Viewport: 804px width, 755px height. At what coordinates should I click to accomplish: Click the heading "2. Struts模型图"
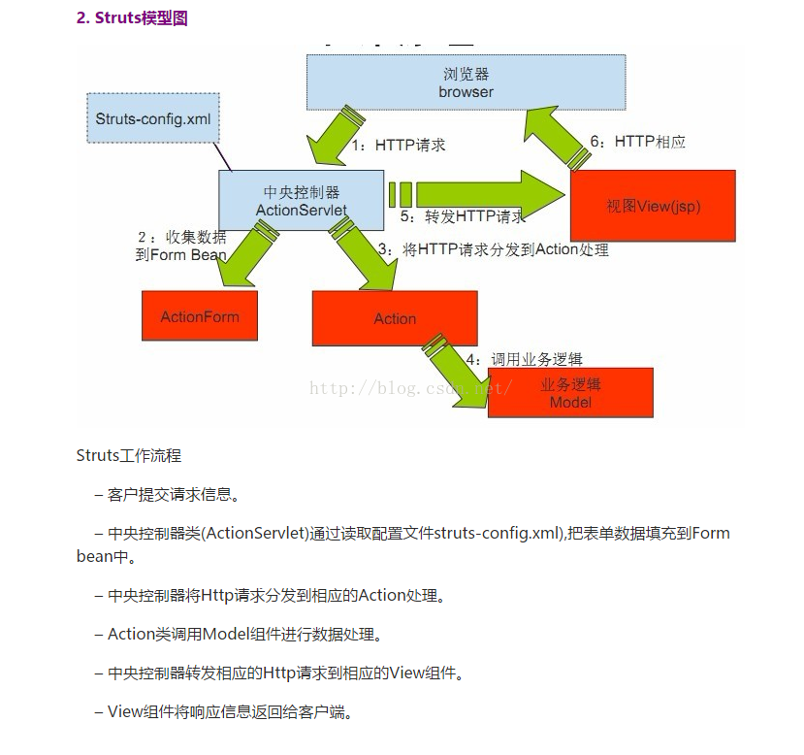pos(132,18)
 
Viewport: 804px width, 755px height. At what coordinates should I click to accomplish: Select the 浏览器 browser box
pos(466,82)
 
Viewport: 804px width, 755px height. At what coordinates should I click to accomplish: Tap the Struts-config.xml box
pos(153,118)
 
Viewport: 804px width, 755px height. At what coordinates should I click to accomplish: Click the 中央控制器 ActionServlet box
pos(301,201)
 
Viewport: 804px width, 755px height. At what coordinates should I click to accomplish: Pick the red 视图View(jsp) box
pos(652,205)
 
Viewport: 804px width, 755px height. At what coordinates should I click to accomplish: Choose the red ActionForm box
pos(200,315)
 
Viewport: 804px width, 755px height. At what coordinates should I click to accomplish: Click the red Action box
pos(395,318)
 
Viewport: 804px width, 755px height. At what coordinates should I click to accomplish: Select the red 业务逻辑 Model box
pos(570,393)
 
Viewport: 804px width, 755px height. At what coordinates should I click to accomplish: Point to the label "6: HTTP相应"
pos(637,142)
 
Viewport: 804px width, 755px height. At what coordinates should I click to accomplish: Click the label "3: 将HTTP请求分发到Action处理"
pos(492,249)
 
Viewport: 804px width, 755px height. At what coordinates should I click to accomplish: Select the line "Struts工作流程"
pos(129,455)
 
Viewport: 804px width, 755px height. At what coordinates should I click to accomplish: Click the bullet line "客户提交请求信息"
pos(166,494)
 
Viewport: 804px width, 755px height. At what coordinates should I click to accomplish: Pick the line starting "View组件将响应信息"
pos(223,712)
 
